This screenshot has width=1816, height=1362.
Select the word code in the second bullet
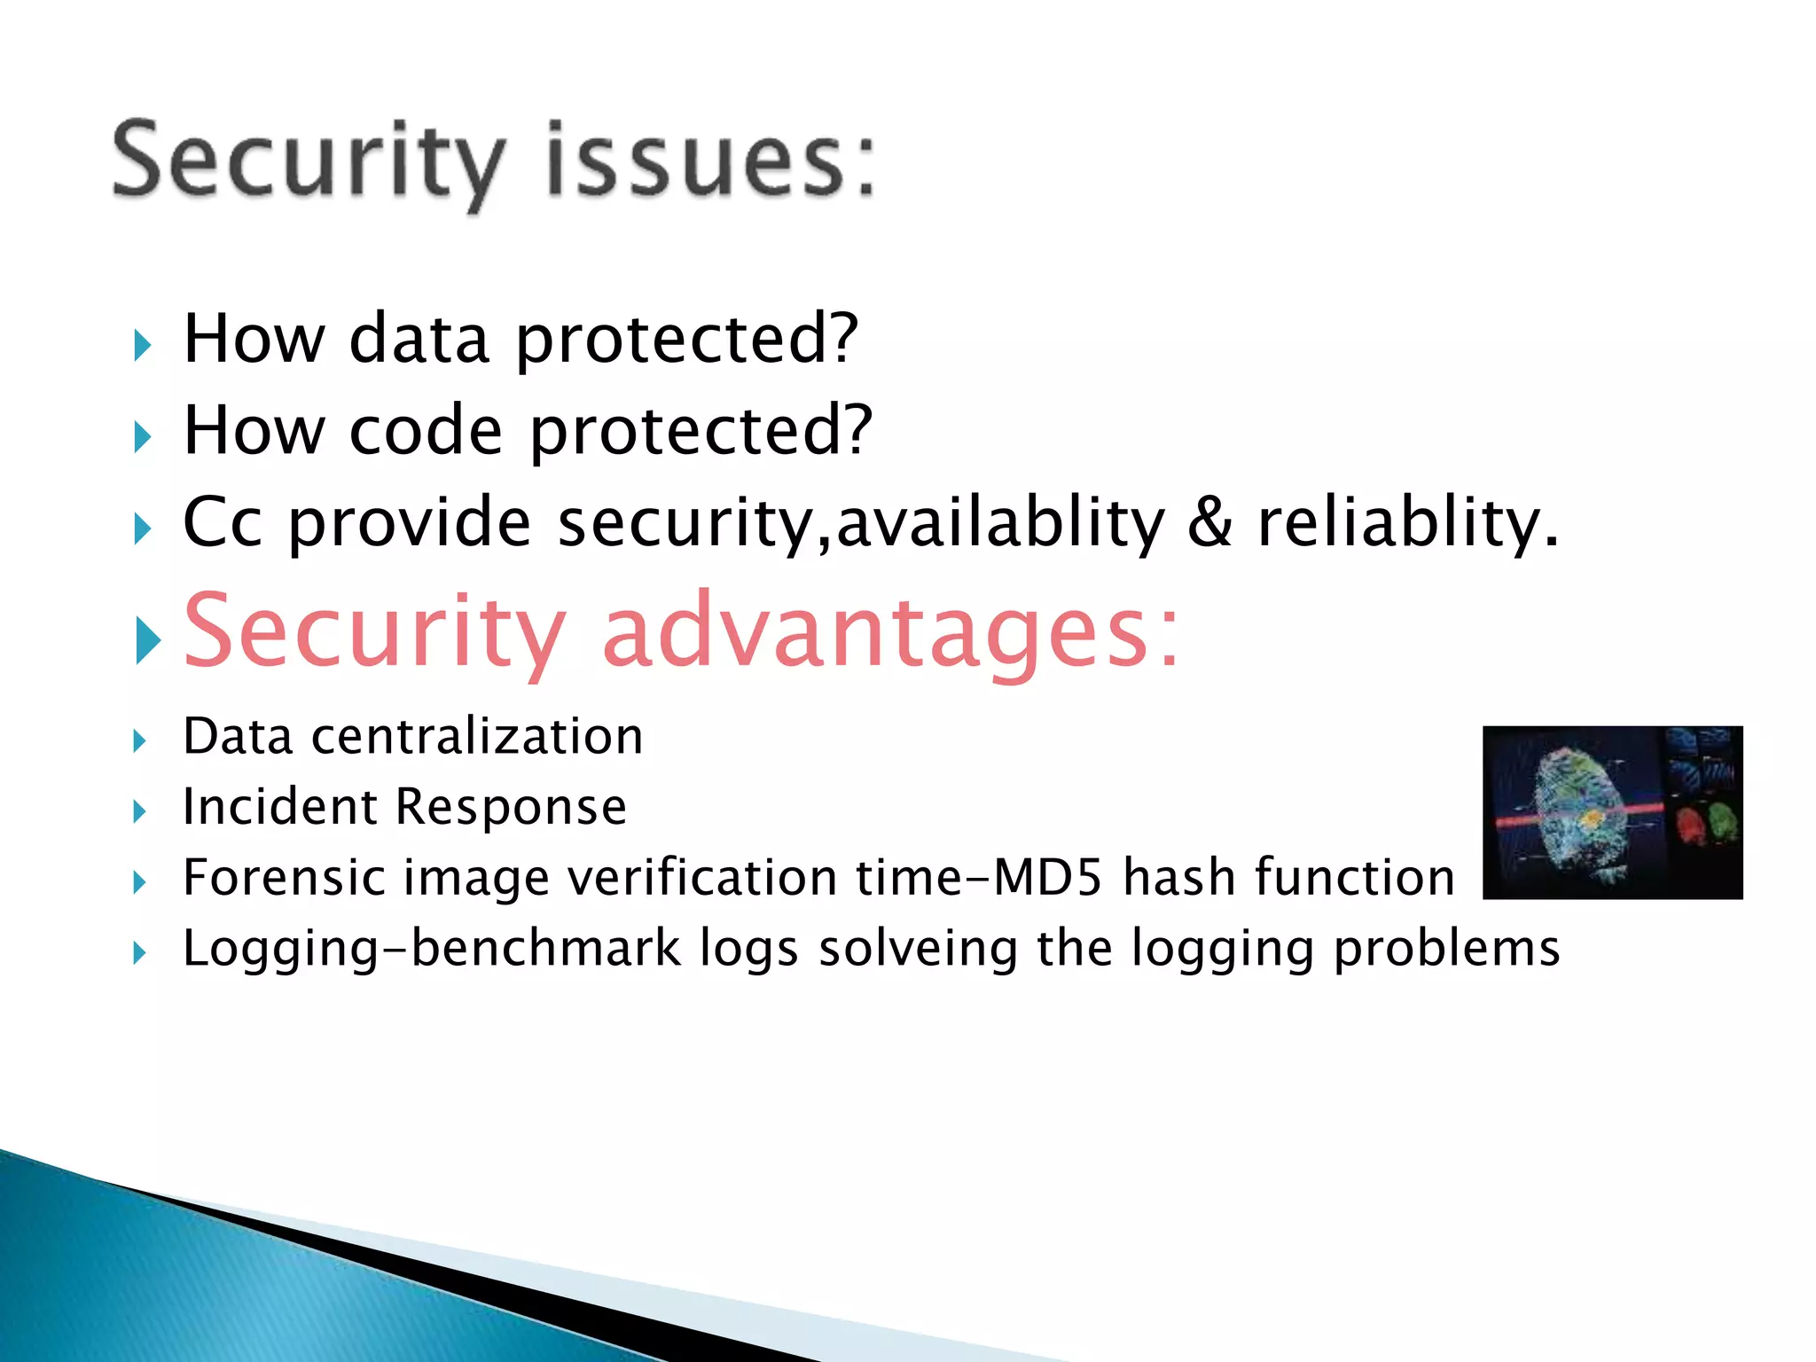click(x=426, y=431)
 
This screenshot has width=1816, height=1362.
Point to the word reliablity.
click(x=1405, y=522)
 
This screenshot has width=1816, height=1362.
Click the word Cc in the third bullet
click(x=222, y=522)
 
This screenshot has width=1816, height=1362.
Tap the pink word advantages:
click(x=891, y=631)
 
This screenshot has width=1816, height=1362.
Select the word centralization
click(x=477, y=737)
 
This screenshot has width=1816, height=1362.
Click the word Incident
click(x=279, y=807)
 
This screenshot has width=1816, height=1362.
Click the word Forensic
click(x=283, y=878)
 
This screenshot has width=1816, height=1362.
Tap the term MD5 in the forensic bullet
click(x=1047, y=878)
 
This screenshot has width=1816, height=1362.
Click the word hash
click(x=1178, y=878)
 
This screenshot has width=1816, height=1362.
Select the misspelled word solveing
click(x=918, y=950)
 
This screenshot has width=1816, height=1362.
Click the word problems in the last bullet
click(x=1446, y=950)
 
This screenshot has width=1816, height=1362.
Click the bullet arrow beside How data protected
click(x=143, y=345)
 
